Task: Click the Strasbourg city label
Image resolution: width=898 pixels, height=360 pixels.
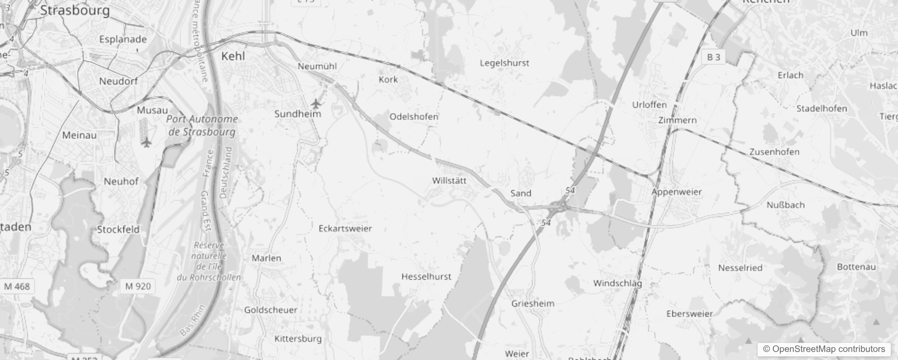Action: click(x=75, y=10)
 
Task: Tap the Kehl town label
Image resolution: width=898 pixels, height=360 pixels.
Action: click(x=233, y=56)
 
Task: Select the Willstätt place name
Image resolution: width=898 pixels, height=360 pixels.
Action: click(x=449, y=180)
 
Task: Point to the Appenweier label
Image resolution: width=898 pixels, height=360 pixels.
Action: click(x=677, y=192)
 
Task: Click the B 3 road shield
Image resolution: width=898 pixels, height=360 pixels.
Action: click(x=714, y=57)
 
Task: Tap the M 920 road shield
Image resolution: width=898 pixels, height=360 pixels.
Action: click(x=138, y=286)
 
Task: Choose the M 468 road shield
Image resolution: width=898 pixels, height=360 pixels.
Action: click(x=17, y=286)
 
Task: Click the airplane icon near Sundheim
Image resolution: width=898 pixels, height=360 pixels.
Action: click(x=317, y=104)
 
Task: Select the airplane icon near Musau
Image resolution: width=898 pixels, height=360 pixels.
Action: click(x=146, y=143)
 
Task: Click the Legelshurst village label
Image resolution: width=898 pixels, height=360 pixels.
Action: click(x=504, y=63)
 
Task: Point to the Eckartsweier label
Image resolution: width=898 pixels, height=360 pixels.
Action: click(x=345, y=228)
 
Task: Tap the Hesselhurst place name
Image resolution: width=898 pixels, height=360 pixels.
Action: click(x=426, y=276)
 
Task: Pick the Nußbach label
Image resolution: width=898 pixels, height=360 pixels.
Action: click(x=786, y=205)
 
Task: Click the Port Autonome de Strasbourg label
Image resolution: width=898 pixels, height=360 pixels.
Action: click(x=202, y=126)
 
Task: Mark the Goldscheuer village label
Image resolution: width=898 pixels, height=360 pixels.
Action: click(x=270, y=310)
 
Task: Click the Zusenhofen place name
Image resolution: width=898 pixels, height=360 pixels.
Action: click(x=774, y=152)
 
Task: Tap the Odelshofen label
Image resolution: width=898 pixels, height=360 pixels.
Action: click(x=414, y=117)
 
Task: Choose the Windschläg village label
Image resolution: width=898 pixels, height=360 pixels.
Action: click(x=617, y=283)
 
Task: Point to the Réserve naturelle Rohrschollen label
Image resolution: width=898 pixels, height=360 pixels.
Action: click(x=209, y=261)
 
